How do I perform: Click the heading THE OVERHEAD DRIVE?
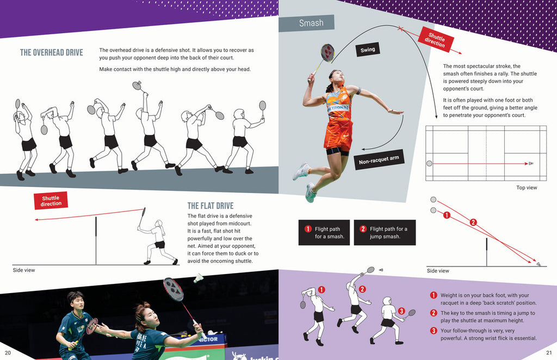52,53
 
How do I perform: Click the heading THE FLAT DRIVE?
211,206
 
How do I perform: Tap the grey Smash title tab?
306,23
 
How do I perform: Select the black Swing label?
368,49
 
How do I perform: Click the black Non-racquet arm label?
379,159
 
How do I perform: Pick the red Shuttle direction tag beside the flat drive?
51,201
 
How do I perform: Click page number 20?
8,352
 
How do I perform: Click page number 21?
549,352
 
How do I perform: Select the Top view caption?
527,188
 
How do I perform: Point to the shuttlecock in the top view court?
531,163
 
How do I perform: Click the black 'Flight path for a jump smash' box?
385,233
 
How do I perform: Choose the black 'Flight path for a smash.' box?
324,233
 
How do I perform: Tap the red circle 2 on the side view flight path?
473,222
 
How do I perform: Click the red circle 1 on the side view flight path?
447,215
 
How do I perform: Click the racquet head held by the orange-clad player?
327,53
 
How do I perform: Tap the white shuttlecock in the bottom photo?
198,278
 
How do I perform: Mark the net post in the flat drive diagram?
96,241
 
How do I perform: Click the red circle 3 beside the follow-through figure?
401,311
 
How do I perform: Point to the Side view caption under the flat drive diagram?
24,270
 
